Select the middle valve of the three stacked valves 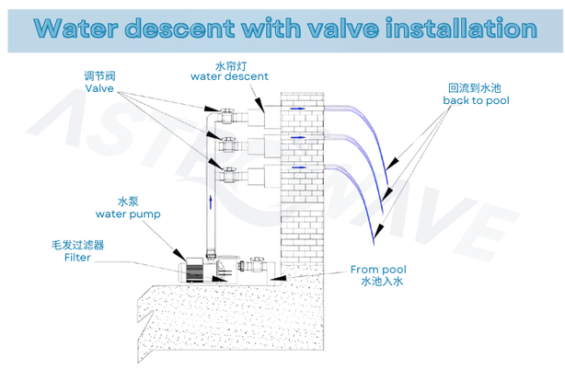tap(225, 144)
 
